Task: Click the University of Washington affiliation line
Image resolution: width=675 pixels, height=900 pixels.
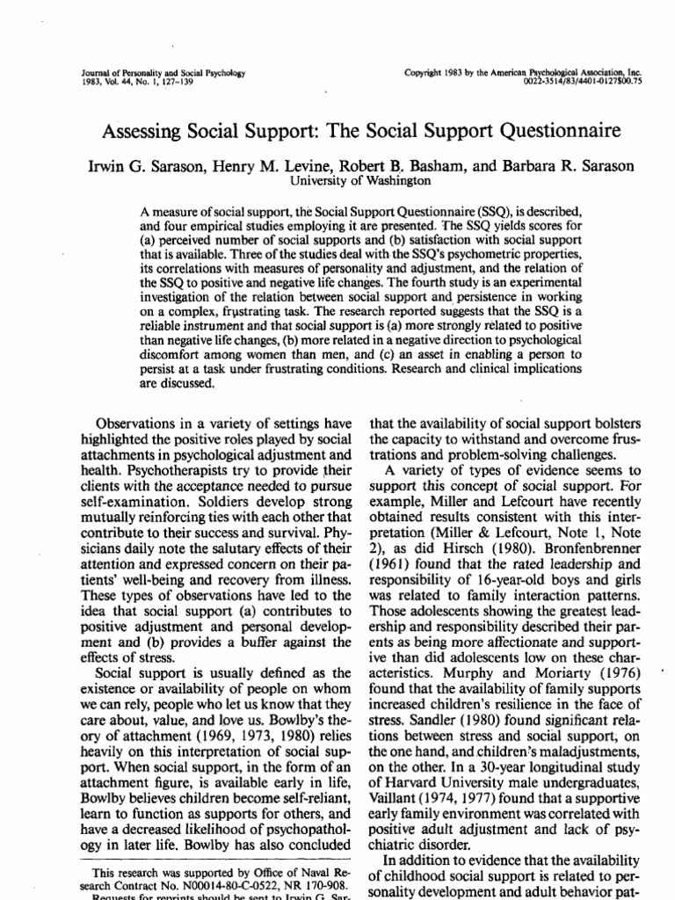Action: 348,180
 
